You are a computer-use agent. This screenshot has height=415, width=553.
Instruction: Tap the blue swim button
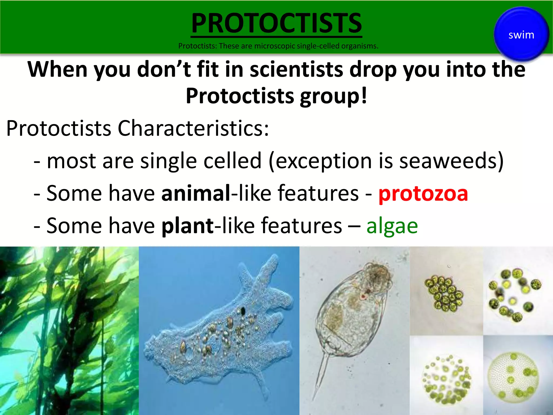click(521, 35)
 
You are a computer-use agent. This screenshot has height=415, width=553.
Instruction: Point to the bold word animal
click(195, 193)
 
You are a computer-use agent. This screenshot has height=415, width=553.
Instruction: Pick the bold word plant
click(187, 226)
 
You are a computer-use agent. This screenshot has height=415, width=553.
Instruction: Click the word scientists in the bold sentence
click(296, 69)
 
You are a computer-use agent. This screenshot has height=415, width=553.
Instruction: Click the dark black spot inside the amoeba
click(243, 311)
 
